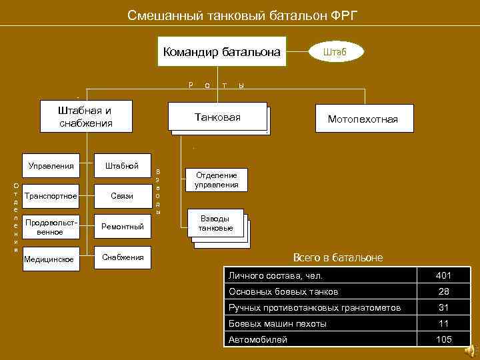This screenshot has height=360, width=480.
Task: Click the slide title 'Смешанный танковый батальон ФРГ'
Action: pyautogui.click(x=243, y=15)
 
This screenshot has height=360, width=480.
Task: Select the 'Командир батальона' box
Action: pyautogui.click(x=222, y=51)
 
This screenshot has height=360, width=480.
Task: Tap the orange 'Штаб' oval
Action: pyautogui.click(x=335, y=51)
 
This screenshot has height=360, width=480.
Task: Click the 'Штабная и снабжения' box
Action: pyautogui.click(x=85, y=117)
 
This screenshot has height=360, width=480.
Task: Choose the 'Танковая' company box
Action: pyautogui.click(x=217, y=117)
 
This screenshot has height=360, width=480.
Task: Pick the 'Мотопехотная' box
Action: pyautogui.click(x=363, y=119)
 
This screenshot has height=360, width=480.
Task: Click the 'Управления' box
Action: pyautogui.click(x=51, y=165)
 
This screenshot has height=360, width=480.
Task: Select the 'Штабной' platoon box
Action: pyautogui.click(x=123, y=165)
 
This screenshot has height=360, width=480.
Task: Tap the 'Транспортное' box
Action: pyautogui.click(x=51, y=196)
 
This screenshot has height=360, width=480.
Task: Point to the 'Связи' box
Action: pyautogui.click(x=123, y=196)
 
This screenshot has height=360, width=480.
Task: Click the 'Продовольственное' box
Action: pyautogui.click(x=51, y=227)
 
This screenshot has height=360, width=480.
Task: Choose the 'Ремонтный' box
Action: pyautogui.click(x=123, y=227)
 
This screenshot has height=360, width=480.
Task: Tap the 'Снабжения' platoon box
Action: pyautogui.click(x=123, y=257)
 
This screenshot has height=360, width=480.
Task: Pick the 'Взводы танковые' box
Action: pyautogui.click(x=216, y=224)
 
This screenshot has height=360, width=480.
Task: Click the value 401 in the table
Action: pyautogui.click(x=443, y=275)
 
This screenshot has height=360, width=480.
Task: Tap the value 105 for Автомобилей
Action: pyautogui.click(x=443, y=339)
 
